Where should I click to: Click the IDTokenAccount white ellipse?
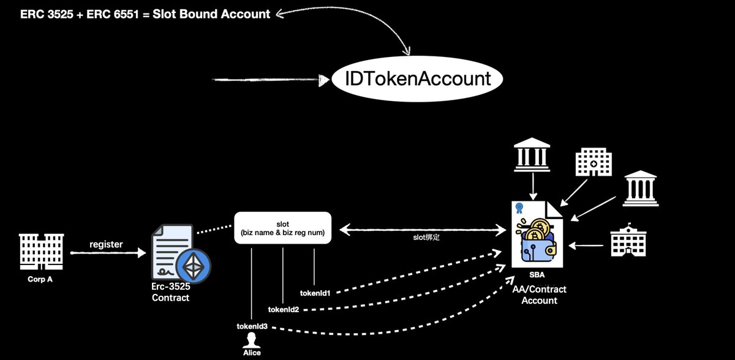[x=417, y=79]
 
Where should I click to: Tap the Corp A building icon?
[x=42, y=252]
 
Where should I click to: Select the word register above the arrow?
[x=106, y=244]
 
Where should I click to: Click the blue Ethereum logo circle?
[x=194, y=266]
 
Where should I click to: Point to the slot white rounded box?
[x=282, y=228]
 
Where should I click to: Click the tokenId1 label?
[x=315, y=293]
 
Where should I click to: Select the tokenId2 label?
[x=284, y=310]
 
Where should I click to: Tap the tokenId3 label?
[x=252, y=326]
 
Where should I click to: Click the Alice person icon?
[x=252, y=340]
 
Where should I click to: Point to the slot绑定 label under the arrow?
[x=426, y=237]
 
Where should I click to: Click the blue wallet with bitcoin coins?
[x=538, y=241]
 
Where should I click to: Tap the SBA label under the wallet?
[x=537, y=275]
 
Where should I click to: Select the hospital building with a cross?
[x=594, y=162]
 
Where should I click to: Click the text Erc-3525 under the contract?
[x=171, y=287]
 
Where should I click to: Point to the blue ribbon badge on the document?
[x=519, y=208]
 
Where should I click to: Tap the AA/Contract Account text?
[x=540, y=294]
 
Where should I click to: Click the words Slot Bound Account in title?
[x=211, y=14]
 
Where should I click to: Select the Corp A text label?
[x=40, y=279]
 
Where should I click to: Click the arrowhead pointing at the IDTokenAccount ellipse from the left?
[x=324, y=80]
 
